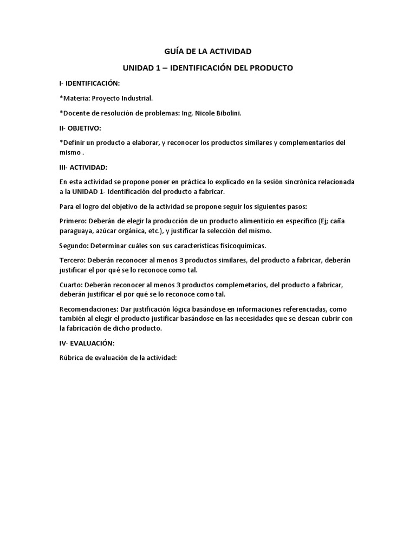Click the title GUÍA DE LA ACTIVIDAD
point(208,51)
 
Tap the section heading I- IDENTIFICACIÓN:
point(89,83)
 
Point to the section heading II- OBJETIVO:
point(81,128)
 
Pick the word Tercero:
point(73,261)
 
